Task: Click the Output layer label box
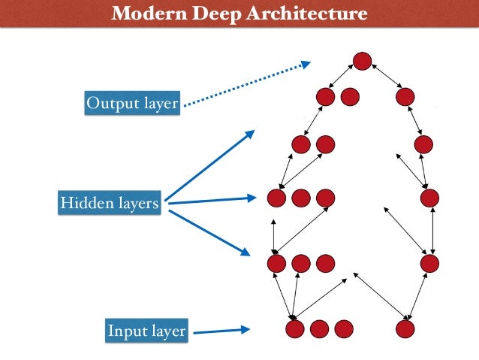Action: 131,103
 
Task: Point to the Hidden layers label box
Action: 110,203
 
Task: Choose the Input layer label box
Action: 146,330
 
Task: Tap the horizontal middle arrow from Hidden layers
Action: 210,200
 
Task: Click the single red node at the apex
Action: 363,62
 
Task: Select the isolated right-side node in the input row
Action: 405,328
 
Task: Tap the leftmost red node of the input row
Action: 295,328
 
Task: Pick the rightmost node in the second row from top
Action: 405,97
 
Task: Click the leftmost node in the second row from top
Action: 326,97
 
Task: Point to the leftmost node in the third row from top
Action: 301,144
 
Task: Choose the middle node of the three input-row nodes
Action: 319,328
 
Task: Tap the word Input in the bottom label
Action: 127,330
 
